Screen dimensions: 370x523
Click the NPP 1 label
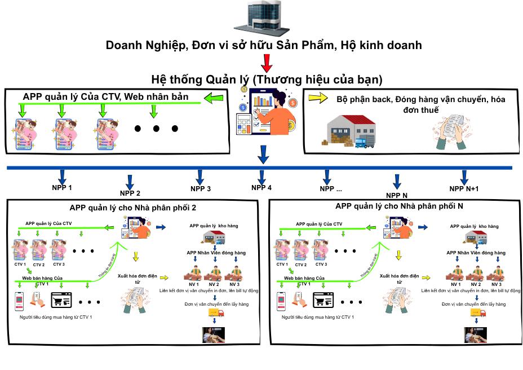coord(62,187)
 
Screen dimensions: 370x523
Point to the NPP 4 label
coord(261,188)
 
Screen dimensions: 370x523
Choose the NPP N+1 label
coord(464,189)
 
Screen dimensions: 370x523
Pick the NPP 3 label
coord(200,188)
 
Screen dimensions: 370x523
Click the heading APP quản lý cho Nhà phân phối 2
coord(133,208)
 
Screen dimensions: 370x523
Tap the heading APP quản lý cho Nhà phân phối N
coord(399,206)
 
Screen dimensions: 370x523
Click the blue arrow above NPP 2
coord(130,180)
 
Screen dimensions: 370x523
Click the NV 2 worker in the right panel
coord(476,274)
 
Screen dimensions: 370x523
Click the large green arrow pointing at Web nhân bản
coord(215,100)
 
